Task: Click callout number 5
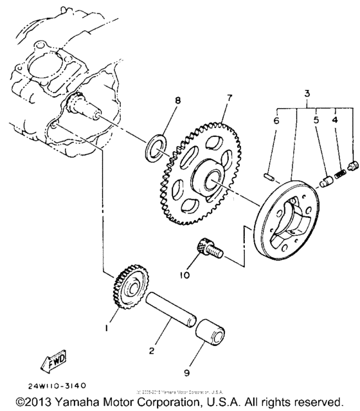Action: tap(316, 120)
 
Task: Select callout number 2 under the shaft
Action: tap(151, 351)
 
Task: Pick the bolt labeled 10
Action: tap(208, 248)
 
